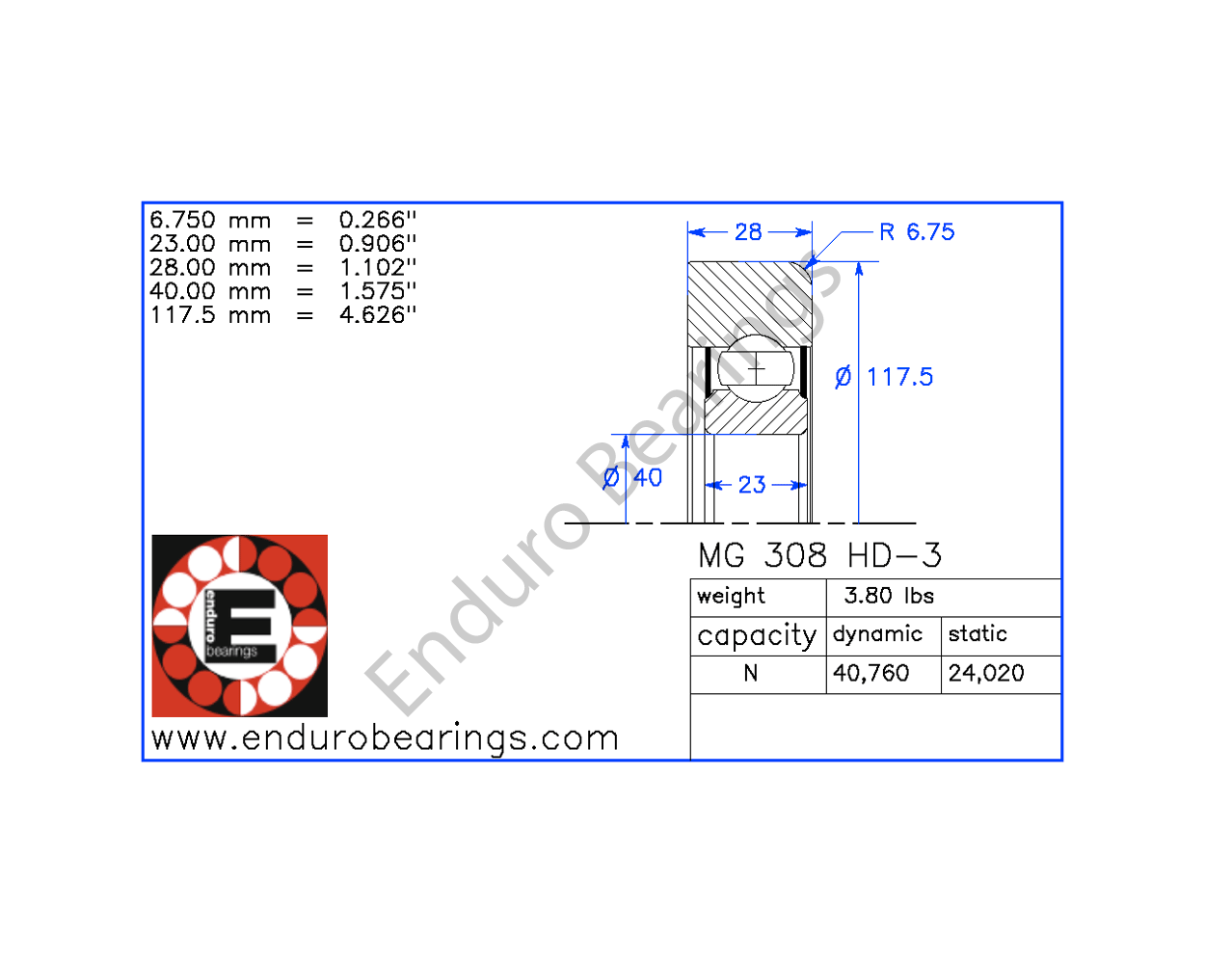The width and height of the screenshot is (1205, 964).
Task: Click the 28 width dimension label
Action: point(748,232)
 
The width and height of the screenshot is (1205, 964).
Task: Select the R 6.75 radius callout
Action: point(917,232)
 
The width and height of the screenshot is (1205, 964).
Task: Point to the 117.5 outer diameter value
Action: point(899,377)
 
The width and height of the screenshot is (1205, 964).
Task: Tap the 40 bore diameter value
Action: point(648,478)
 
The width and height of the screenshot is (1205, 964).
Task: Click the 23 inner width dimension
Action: point(752,485)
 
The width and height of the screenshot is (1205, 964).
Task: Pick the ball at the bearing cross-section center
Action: point(757,368)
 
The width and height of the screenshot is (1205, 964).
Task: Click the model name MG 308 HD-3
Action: point(819,555)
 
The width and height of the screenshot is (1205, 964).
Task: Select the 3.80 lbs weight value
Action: point(889,596)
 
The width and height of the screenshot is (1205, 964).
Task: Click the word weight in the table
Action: point(731,596)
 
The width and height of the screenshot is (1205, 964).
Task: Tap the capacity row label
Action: point(757,635)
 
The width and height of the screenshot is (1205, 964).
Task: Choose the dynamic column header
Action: point(877,634)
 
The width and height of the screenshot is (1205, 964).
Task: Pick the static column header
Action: point(977,634)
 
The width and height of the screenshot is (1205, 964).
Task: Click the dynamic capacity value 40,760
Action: point(870,673)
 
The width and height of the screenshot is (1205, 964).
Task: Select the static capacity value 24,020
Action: point(986,673)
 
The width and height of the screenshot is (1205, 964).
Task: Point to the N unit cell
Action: point(751,673)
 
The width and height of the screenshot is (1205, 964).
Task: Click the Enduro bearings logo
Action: point(240,626)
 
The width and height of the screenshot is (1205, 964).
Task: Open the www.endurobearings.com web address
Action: point(385,738)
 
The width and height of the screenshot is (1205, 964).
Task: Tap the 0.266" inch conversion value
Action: point(378,221)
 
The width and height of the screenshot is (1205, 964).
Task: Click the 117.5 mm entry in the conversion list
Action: point(210,315)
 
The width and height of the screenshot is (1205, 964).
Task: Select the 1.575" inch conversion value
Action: point(378,291)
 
